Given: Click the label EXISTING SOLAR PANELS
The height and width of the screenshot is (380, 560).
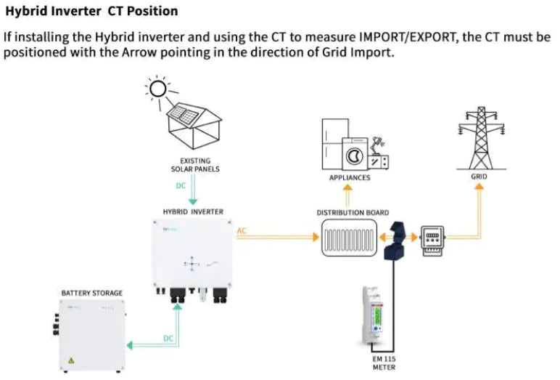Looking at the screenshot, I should [x=194, y=165].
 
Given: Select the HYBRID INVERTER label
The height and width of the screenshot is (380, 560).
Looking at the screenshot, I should [x=193, y=211].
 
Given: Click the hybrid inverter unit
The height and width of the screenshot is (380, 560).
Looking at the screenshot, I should [x=193, y=254].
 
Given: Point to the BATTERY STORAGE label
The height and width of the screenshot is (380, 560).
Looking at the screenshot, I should [x=91, y=294].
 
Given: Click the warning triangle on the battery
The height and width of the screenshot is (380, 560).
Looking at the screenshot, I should [x=71, y=361].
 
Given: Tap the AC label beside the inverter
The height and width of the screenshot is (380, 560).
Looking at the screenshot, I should [x=242, y=231].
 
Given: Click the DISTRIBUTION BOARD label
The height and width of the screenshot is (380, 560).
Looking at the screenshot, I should [x=348, y=213].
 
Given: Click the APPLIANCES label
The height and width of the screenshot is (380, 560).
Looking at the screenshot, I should [x=349, y=177].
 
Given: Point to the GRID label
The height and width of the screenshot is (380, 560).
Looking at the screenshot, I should [x=479, y=177].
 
